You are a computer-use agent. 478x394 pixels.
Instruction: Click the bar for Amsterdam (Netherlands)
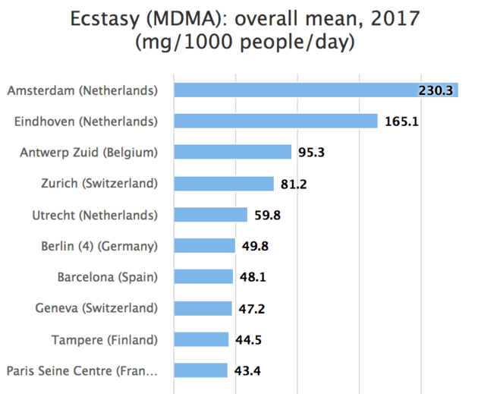[315, 90]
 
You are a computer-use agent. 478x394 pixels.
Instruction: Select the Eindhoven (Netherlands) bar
[275, 121]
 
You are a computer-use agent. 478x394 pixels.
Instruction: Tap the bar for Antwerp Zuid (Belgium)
[232, 153]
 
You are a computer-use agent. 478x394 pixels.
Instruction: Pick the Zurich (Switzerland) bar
[224, 184]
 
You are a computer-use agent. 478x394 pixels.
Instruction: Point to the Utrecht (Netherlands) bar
[210, 215]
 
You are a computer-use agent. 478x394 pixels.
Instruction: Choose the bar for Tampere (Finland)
[201, 339]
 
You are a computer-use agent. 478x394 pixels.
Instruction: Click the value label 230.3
[436, 90]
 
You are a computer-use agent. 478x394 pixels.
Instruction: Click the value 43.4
[247, 370]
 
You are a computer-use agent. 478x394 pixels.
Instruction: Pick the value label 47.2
[251, 308]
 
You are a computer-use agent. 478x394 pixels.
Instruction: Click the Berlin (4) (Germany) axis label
[99, 246]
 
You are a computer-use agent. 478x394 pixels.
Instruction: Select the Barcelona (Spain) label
[108, 277]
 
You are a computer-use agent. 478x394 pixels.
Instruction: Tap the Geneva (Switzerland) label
[96, 308]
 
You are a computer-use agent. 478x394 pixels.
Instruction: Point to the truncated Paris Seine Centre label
[82, 370]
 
